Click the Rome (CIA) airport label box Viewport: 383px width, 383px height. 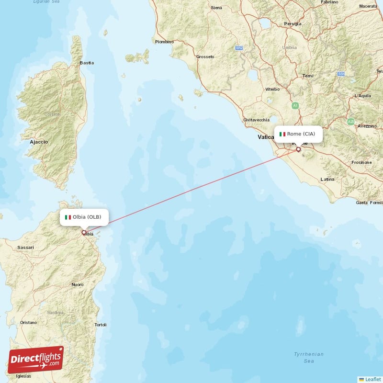coord(298,134)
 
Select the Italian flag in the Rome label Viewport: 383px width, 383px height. coord(282,134)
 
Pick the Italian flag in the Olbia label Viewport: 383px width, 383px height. coord(68,217)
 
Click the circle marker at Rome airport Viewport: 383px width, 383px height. coord(298,149)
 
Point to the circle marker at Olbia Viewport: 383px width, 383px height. coord(84,233)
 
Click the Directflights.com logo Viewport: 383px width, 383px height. coord(35,360)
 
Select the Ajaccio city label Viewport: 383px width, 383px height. coord(39,142)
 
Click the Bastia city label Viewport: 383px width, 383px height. coord(87,63)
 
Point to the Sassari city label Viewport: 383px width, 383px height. coord(25,248)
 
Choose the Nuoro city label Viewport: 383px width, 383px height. coord(78,284)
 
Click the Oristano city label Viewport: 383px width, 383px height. coord(28,323)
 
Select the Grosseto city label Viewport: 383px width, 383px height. coord(205,56)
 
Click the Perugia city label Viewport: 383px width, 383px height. coord(293,23)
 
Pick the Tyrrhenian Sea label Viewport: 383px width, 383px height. coord(309,358)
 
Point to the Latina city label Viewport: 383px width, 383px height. coord(327,179)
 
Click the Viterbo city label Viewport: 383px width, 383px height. coord(272,89)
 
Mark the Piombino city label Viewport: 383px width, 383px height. coord(164,42)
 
